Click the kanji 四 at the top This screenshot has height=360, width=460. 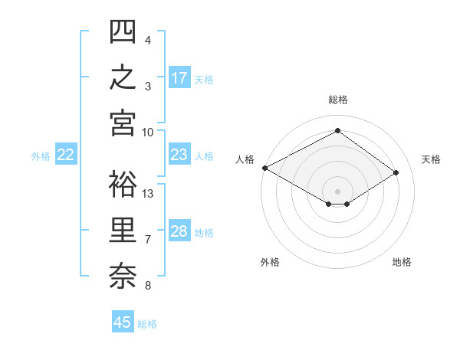tap(123, 31)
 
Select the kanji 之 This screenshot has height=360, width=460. tap(123, 77)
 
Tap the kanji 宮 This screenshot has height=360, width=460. tap(123, 123)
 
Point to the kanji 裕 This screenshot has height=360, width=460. tap(123, 184)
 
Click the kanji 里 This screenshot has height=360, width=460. tap(123, 230)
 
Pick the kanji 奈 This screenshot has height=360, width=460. tap(123, 277)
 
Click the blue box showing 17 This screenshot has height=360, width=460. tap(179, 77)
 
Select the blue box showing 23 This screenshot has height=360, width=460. tap(179, 154)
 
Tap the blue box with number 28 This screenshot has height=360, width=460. tap(179, 230)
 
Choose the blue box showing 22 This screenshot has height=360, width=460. tap(66, 154)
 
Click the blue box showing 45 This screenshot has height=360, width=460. tap(123, 321)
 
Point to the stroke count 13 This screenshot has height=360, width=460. tap(147, 194)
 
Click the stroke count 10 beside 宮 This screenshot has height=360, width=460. tap(147, 133)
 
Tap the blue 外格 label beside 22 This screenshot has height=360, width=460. tap(41, 156)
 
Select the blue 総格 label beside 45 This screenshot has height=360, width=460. tap(147, 324)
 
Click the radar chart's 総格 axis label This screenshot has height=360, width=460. tap(338, 100)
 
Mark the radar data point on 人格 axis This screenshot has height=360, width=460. tap(265, 168)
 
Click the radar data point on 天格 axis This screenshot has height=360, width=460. tap(396, 172)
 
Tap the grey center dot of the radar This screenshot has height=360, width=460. tap(337, 191)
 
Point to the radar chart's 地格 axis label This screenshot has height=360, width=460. tap(402, 262)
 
